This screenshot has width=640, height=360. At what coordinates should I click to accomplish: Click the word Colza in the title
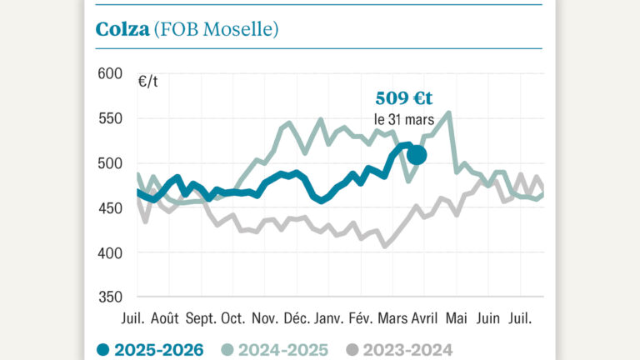(122, 29)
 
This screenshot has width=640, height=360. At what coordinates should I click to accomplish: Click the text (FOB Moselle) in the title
(216, 29)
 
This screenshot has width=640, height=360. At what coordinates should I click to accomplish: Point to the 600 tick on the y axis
(110, 73)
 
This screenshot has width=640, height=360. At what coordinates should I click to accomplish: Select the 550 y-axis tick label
(110, 118)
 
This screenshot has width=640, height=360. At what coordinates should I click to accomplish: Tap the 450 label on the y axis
(110, 208)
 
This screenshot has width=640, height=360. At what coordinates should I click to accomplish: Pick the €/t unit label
(149, 82)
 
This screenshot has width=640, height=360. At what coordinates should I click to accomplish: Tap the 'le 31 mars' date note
(404, 120)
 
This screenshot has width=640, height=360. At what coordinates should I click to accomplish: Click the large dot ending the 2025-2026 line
(416, 154)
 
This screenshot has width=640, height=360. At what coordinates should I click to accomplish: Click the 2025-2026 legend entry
(150, 350)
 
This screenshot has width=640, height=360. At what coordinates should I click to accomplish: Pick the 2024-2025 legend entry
(275, 350)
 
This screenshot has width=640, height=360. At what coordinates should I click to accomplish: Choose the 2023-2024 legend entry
(401, 350)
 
